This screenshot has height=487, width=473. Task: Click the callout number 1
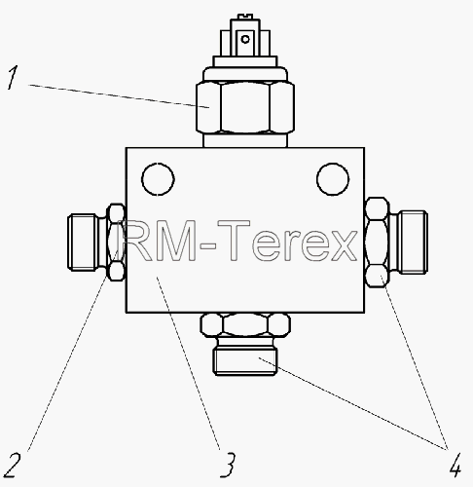tap(13, 77)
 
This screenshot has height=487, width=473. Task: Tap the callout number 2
tap(11, 465)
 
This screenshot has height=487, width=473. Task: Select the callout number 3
tap(228, 465)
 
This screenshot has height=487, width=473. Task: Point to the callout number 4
tap(455, 465)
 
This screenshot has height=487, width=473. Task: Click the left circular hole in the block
tap(158, 179)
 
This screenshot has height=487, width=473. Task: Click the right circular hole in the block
tap(333, 179)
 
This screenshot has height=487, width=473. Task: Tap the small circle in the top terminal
tap(245, 39)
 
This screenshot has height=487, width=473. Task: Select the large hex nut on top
tap(245, 107)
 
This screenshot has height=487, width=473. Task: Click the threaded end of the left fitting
tap(83, 242)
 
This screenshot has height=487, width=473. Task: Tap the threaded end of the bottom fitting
tap(245, 361)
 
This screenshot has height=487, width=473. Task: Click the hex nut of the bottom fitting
tap(245, 324)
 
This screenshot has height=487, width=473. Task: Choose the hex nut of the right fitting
tap(377, 243)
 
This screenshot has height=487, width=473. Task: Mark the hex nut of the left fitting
tap(116, 243)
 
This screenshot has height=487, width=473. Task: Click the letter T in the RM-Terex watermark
tap(234, 241)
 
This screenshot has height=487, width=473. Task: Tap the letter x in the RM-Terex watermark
tap(345, 245)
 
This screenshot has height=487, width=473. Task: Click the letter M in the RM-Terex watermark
tap(175, 241)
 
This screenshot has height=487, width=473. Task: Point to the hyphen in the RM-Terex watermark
tap(208, 246)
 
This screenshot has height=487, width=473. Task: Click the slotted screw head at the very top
tap(245, 17)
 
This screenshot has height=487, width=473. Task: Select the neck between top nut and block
tap(245, 140)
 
